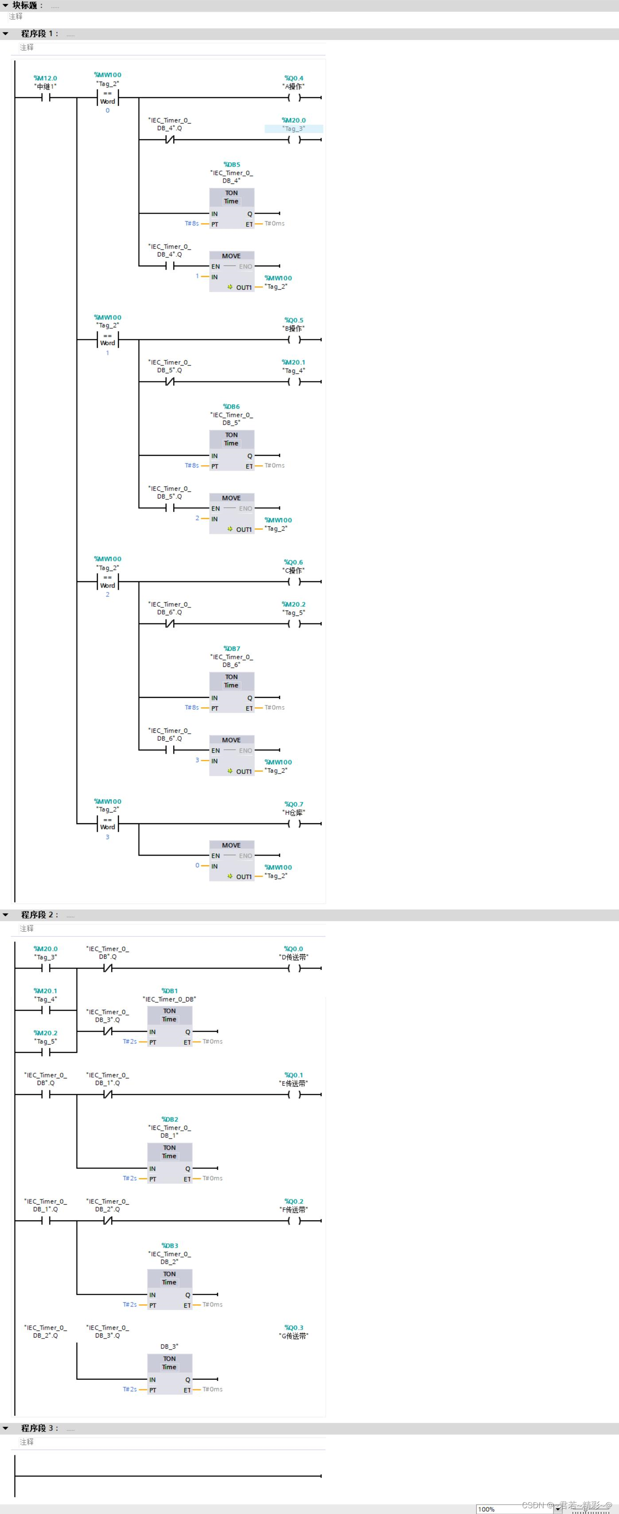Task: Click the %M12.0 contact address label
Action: click(x=45, y=78)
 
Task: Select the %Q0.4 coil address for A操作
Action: click(x=294, y=78)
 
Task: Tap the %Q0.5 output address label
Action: click(x=294, y=320)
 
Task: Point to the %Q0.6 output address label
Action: click(x=293, y=562)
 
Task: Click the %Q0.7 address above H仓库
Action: click(x=294, y=804)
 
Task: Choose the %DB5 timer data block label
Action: click(x=232, y=164)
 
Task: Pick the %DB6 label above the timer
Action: click(x=232, y=407)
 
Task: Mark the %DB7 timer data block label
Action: click(x=232, y=649)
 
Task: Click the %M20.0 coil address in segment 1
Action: click(x=294, y=121)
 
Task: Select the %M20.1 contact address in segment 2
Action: click(x=45, y=991)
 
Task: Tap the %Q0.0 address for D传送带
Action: click(x=294, y=949)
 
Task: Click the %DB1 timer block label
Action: click(x=169, y=991)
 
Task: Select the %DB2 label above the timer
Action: click(x=169, y=1120)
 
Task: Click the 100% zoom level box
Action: click(x=487, y=1509)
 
